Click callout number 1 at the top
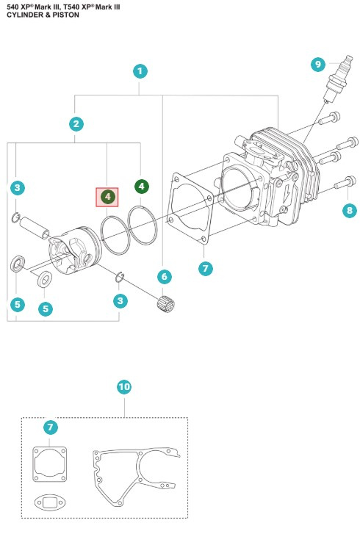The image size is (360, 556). (140, 71)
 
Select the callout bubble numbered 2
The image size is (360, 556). (76, 123)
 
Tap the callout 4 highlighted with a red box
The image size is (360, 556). (107, 197)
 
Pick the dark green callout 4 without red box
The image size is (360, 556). (141, 187)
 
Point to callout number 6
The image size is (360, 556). (164, 276)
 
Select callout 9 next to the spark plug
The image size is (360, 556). (317, 65)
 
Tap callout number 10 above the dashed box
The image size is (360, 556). (124, 386)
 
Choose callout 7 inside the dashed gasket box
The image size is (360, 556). (51, 427)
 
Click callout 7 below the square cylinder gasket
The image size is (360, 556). (206, 268)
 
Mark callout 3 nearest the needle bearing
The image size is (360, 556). (119, 301)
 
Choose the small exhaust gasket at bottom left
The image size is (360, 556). (51, 502)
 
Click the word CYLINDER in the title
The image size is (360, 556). (24, 15)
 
